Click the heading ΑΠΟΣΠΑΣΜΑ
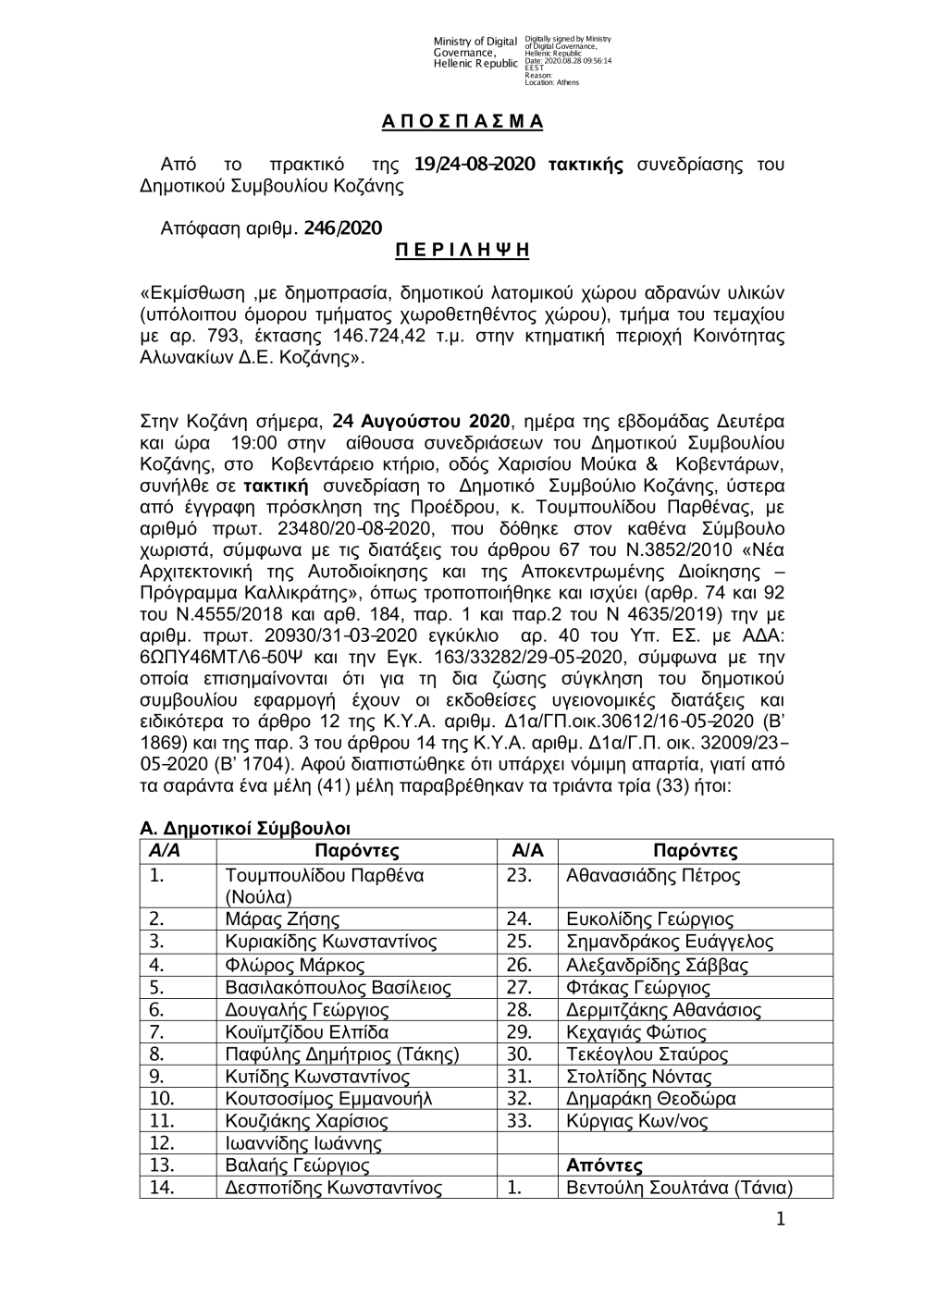(x=462, y=122)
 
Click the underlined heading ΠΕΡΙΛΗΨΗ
(x=462, y=250)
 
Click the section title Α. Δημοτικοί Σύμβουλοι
(x=245, y=828)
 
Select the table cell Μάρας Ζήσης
(x=282, y=919)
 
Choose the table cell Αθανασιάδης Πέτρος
(x=653, y=875)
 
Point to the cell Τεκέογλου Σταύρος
(x=647, y=1054)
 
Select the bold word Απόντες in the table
(x=604, y=1166)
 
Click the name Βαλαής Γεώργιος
(x=298, y=1166)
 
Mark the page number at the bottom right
(x=780, y=1221)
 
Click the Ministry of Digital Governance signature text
(x=475, y=52)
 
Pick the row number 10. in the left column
(x=162, y=1099)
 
